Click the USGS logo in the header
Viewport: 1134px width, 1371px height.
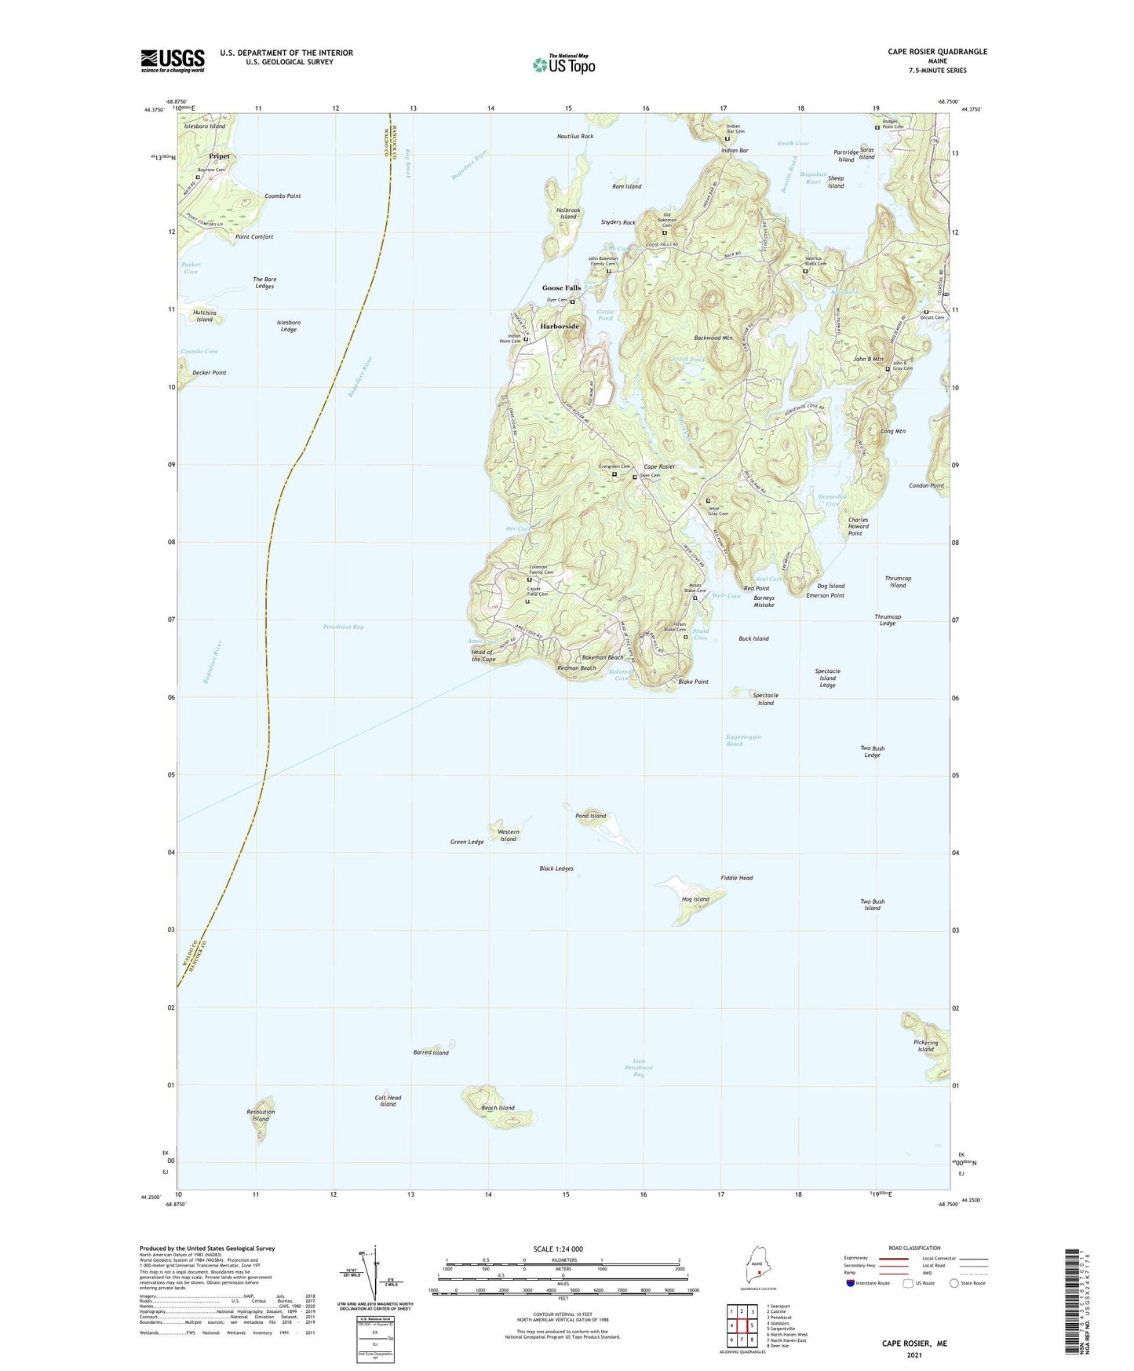point(172,60)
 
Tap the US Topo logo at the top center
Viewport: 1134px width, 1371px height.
point(563,64)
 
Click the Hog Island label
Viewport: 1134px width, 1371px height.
point(695,899)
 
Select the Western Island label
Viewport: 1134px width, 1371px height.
point(508,835)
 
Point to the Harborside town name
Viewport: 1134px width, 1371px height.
point(559,326)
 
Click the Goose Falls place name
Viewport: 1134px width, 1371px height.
point(561,288)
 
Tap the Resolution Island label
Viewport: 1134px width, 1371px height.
point(261,1115)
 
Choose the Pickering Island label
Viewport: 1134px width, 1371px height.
point(925,1046)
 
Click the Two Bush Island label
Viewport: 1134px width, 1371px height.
point(872,905)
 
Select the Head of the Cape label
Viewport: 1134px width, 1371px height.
point(483,656)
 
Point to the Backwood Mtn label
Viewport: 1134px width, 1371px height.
point(713,338)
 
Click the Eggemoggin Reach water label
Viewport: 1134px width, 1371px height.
point(743,740)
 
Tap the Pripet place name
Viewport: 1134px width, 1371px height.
point(219,156)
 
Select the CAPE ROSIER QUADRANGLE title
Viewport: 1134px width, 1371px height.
point(935,52)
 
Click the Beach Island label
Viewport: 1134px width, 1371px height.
point(498,1108)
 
